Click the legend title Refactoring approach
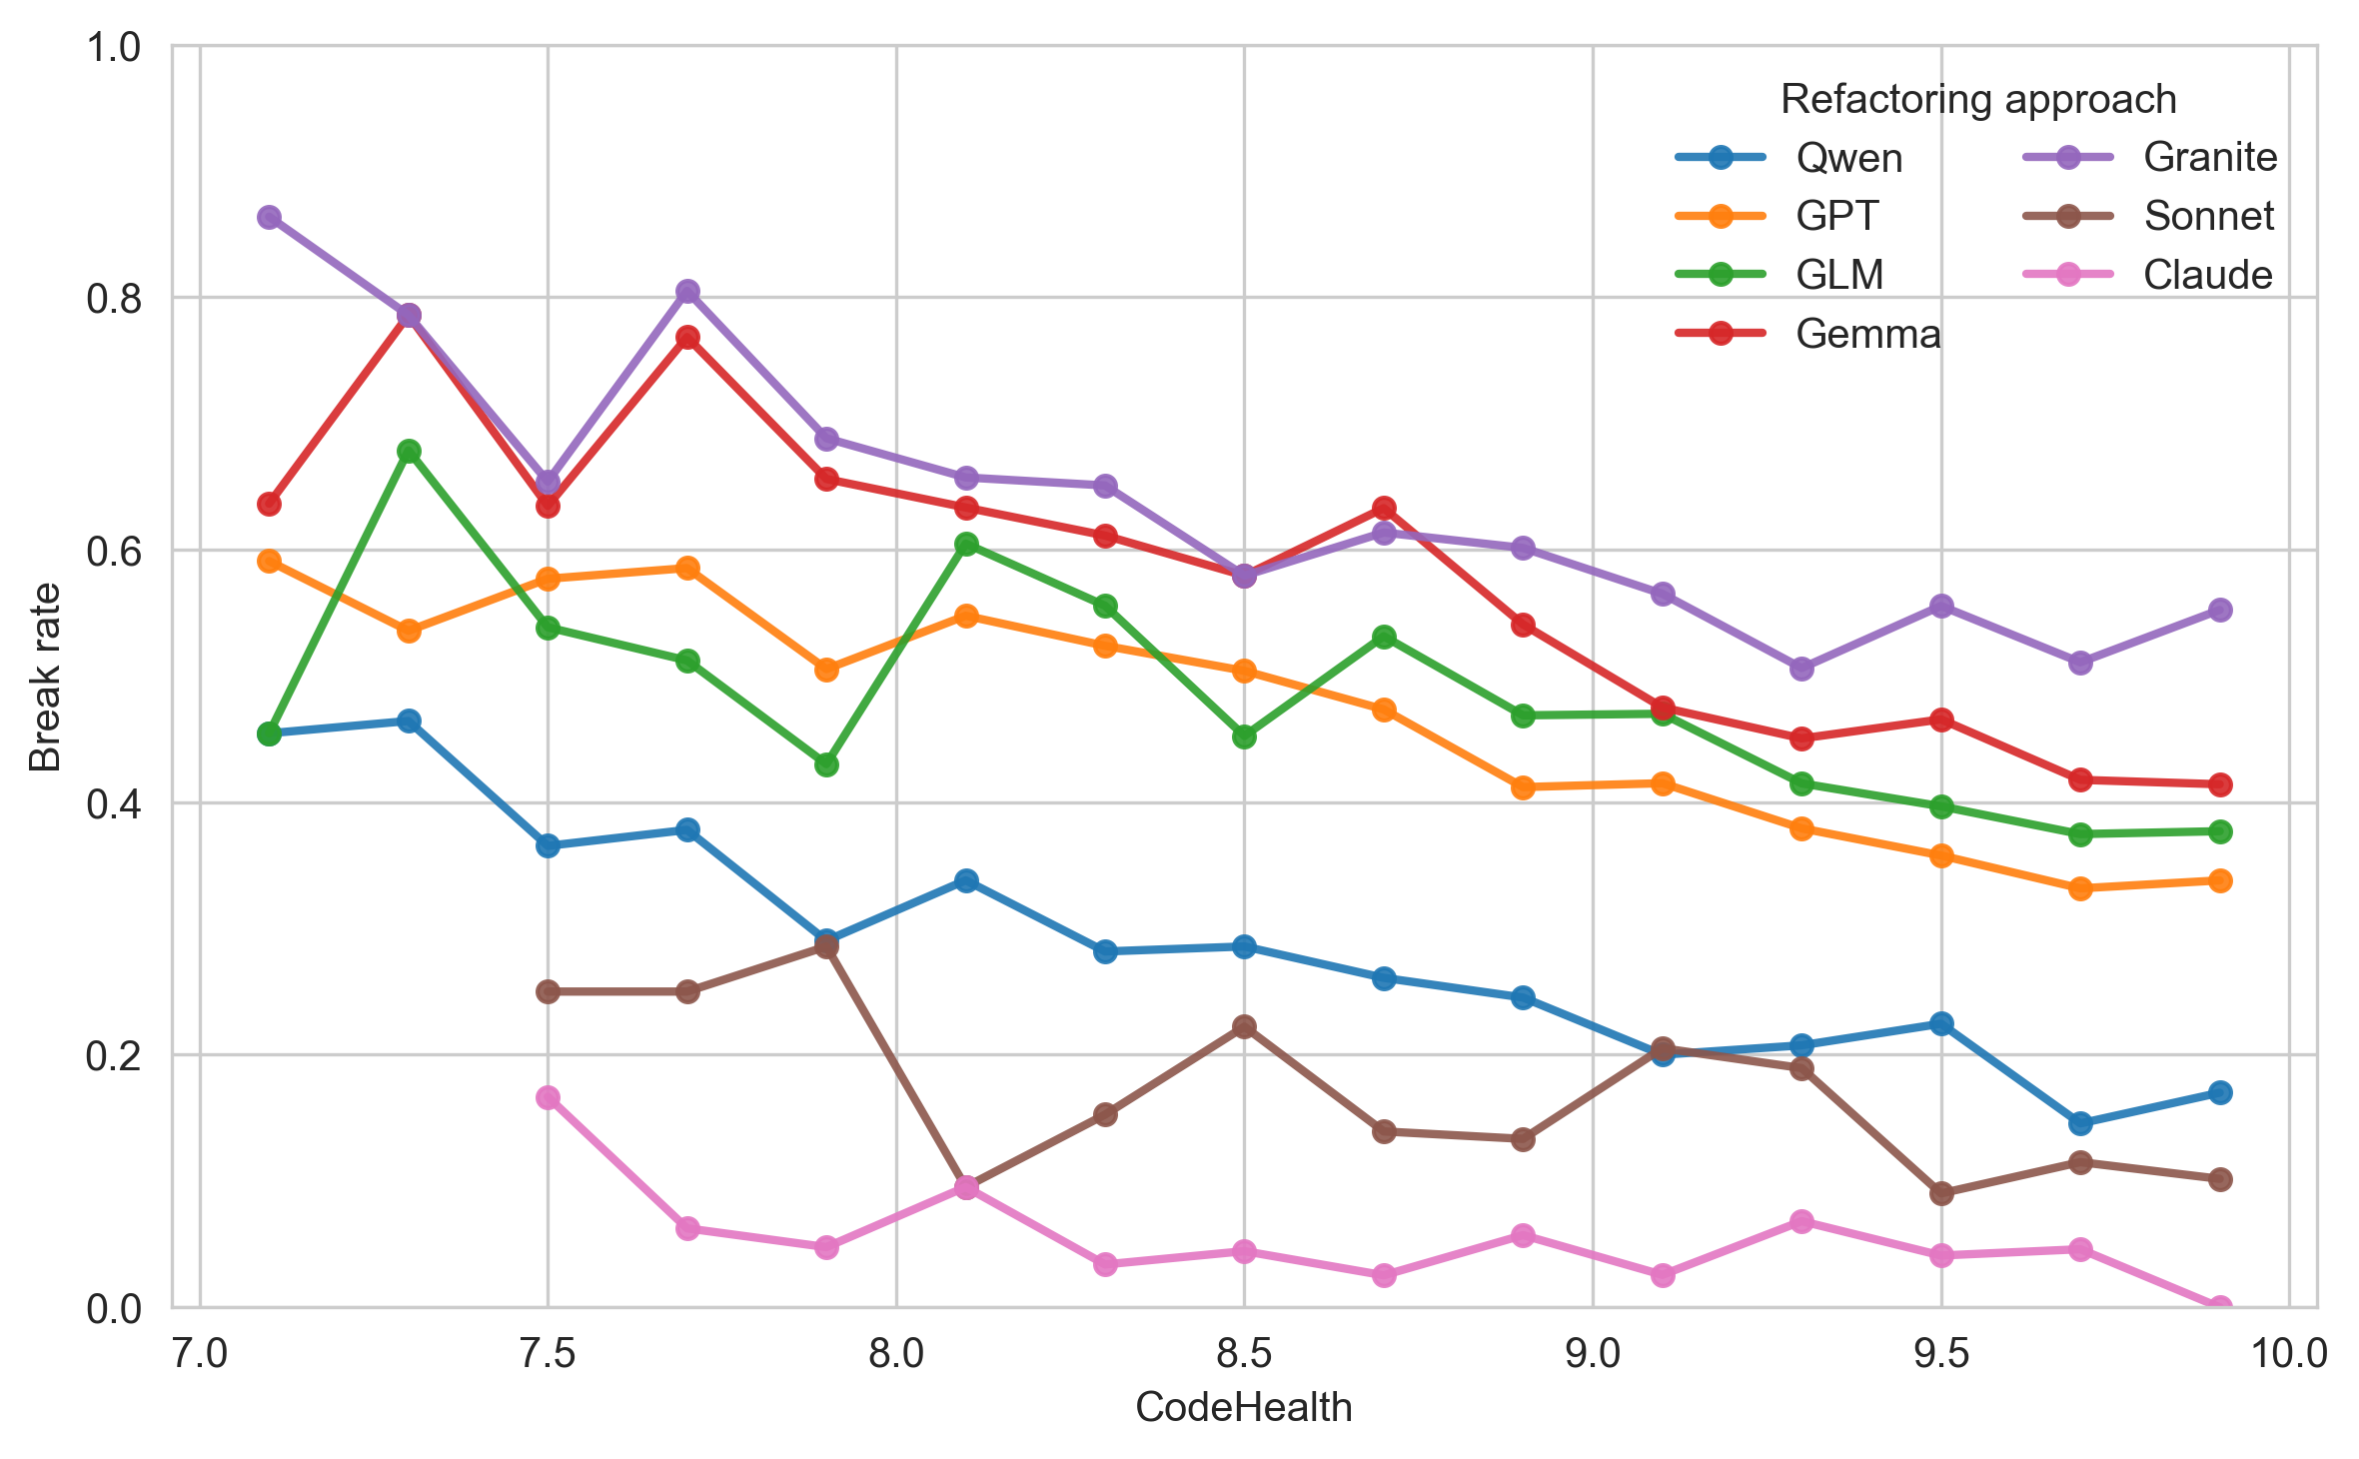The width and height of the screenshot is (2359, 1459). [x=1978, y=100]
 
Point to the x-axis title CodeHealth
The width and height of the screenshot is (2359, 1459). [x=1243, y=1407]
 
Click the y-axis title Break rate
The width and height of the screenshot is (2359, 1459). [x=45, y=677]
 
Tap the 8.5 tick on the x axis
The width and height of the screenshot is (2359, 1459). [x=1243, y=1354]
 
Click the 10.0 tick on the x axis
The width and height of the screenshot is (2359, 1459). [x=2287, y=1354]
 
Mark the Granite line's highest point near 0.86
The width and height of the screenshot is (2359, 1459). [x=269, y=217]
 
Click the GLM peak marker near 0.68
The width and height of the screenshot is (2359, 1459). [x=409, y=451]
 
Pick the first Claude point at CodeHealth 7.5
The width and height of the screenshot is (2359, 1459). [x=548, y=1097]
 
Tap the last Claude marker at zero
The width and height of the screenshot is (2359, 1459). [x=2219, y=1306]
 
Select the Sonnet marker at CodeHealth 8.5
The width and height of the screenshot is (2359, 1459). [x=1244, y=1026]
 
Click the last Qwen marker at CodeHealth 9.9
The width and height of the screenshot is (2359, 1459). [x=2219, y=1092]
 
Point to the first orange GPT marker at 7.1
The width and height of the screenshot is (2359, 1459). [x=269, y=561]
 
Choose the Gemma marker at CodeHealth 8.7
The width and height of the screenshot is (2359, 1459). [x=1384, y=508]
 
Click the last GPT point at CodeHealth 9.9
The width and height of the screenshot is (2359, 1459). [x=2219, y=880]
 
